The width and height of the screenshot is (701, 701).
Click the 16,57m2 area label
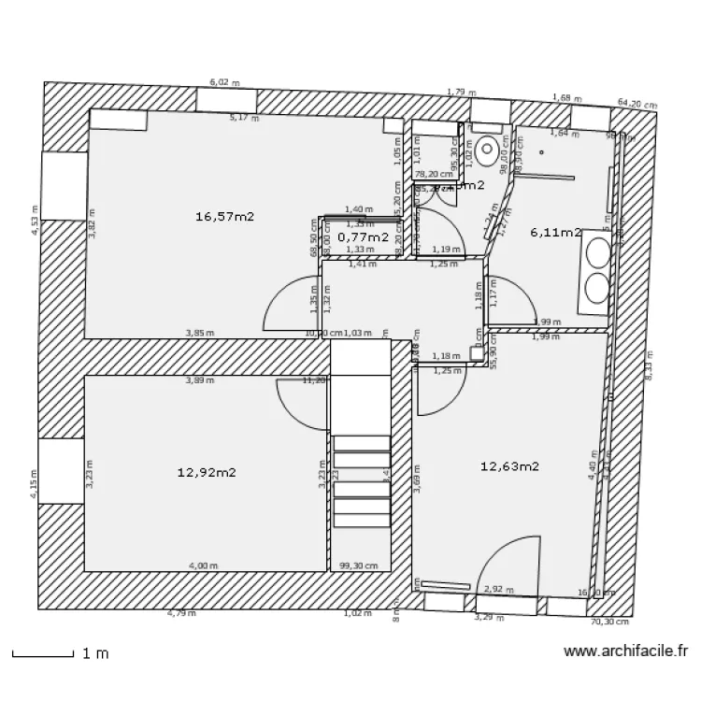(x=225, y=216)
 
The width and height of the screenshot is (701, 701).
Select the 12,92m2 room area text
(x=206, y=472)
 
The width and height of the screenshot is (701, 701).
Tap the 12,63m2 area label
(x=509, y=465)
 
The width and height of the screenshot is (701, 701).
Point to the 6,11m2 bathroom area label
(x=555, y=232)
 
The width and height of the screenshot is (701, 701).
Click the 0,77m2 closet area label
(x=363, y=237)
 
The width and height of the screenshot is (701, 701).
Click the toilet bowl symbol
(x=487, y=149)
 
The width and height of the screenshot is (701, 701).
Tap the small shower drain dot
(x=541, y=151)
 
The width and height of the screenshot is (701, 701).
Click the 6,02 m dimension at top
(x=224, y=82)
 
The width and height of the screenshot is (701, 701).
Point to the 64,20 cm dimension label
(x=636, y=104)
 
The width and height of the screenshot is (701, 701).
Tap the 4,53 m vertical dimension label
(x=36, y=221)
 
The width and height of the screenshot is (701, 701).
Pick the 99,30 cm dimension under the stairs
(x=359, y=565)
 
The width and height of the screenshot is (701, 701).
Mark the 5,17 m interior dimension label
(x=244, y=118)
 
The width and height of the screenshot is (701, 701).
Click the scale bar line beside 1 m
(x=42, y=653)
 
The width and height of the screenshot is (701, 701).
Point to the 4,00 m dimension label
(x=203, y=565)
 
